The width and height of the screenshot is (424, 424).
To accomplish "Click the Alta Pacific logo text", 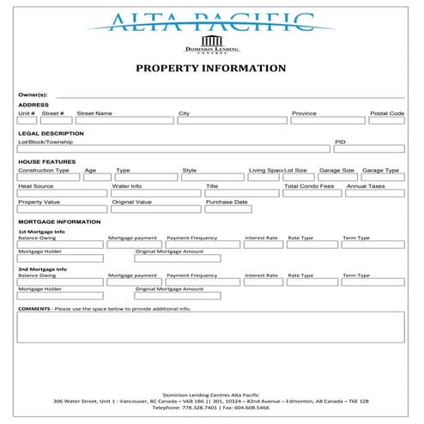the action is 210,21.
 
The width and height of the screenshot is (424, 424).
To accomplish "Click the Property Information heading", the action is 210,68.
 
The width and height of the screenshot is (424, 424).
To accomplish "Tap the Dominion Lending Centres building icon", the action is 210,41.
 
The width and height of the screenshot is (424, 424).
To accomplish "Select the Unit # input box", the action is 27,121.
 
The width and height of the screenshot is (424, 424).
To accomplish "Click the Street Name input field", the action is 122,121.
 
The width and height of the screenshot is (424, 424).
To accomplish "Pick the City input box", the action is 232,121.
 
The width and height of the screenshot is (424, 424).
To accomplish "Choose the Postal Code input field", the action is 386,121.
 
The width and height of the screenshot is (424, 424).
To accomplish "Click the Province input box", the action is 327,121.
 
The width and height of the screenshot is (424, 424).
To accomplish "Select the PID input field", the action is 369,149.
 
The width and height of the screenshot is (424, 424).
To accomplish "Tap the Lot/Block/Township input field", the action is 173,149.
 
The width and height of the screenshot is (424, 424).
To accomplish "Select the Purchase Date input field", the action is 241,209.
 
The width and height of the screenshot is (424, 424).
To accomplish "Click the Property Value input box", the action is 62,209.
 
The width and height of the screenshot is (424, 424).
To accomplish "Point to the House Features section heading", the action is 46,162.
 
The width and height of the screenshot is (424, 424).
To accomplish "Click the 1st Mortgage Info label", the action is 41,232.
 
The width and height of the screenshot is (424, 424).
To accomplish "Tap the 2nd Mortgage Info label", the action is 41,270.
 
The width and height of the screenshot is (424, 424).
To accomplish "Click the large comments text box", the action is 210,326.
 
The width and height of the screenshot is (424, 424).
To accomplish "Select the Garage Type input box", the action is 382,178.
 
